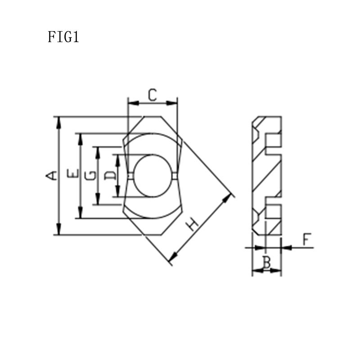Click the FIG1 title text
tap(63, 37)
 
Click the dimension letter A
tap(53, 175)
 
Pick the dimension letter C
tap(153, 95)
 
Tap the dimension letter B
tap(266, 262)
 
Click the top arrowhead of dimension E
tap(81, 138)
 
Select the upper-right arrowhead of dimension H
tap(231, 197)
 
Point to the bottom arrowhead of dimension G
tap(97, 200)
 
